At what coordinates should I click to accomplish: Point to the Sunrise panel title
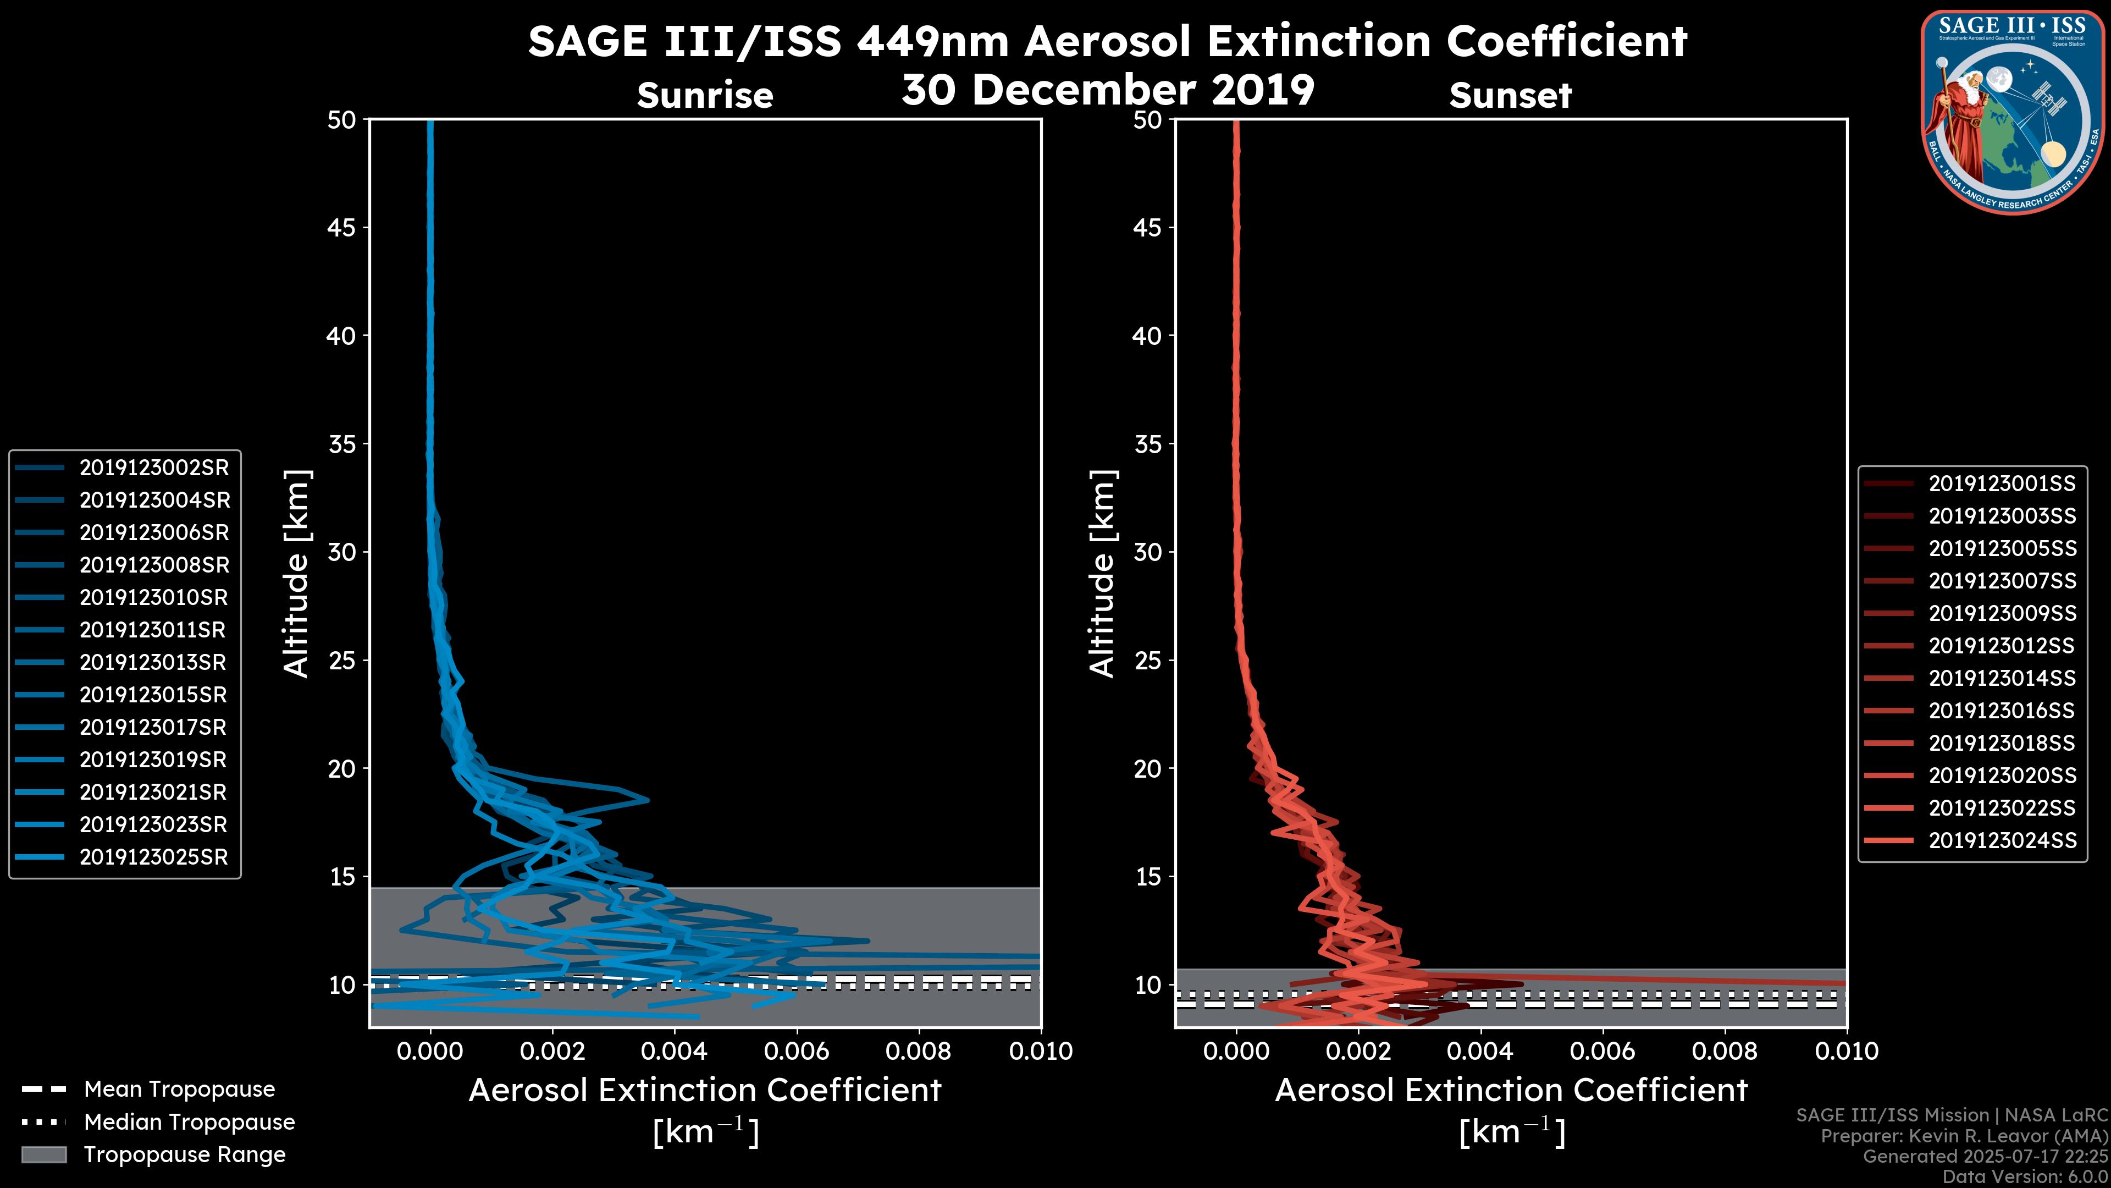click(x=705, y=96)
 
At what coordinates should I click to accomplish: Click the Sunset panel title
click(x=1510, y=96)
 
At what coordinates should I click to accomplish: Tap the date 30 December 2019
click(x=1108, y=89)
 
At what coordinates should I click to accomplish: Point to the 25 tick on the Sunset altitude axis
click(x=1147, y=661)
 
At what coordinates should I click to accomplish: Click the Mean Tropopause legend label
click(x=179, y=1090)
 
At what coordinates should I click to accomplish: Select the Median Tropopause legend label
click(x=189, y=1123)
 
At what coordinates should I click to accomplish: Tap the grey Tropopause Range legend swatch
click(x=43, y=1155)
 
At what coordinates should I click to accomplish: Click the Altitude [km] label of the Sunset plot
click(x=1102, y=573)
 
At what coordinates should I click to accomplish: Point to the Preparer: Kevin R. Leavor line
click(x=1964, y=1136)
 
